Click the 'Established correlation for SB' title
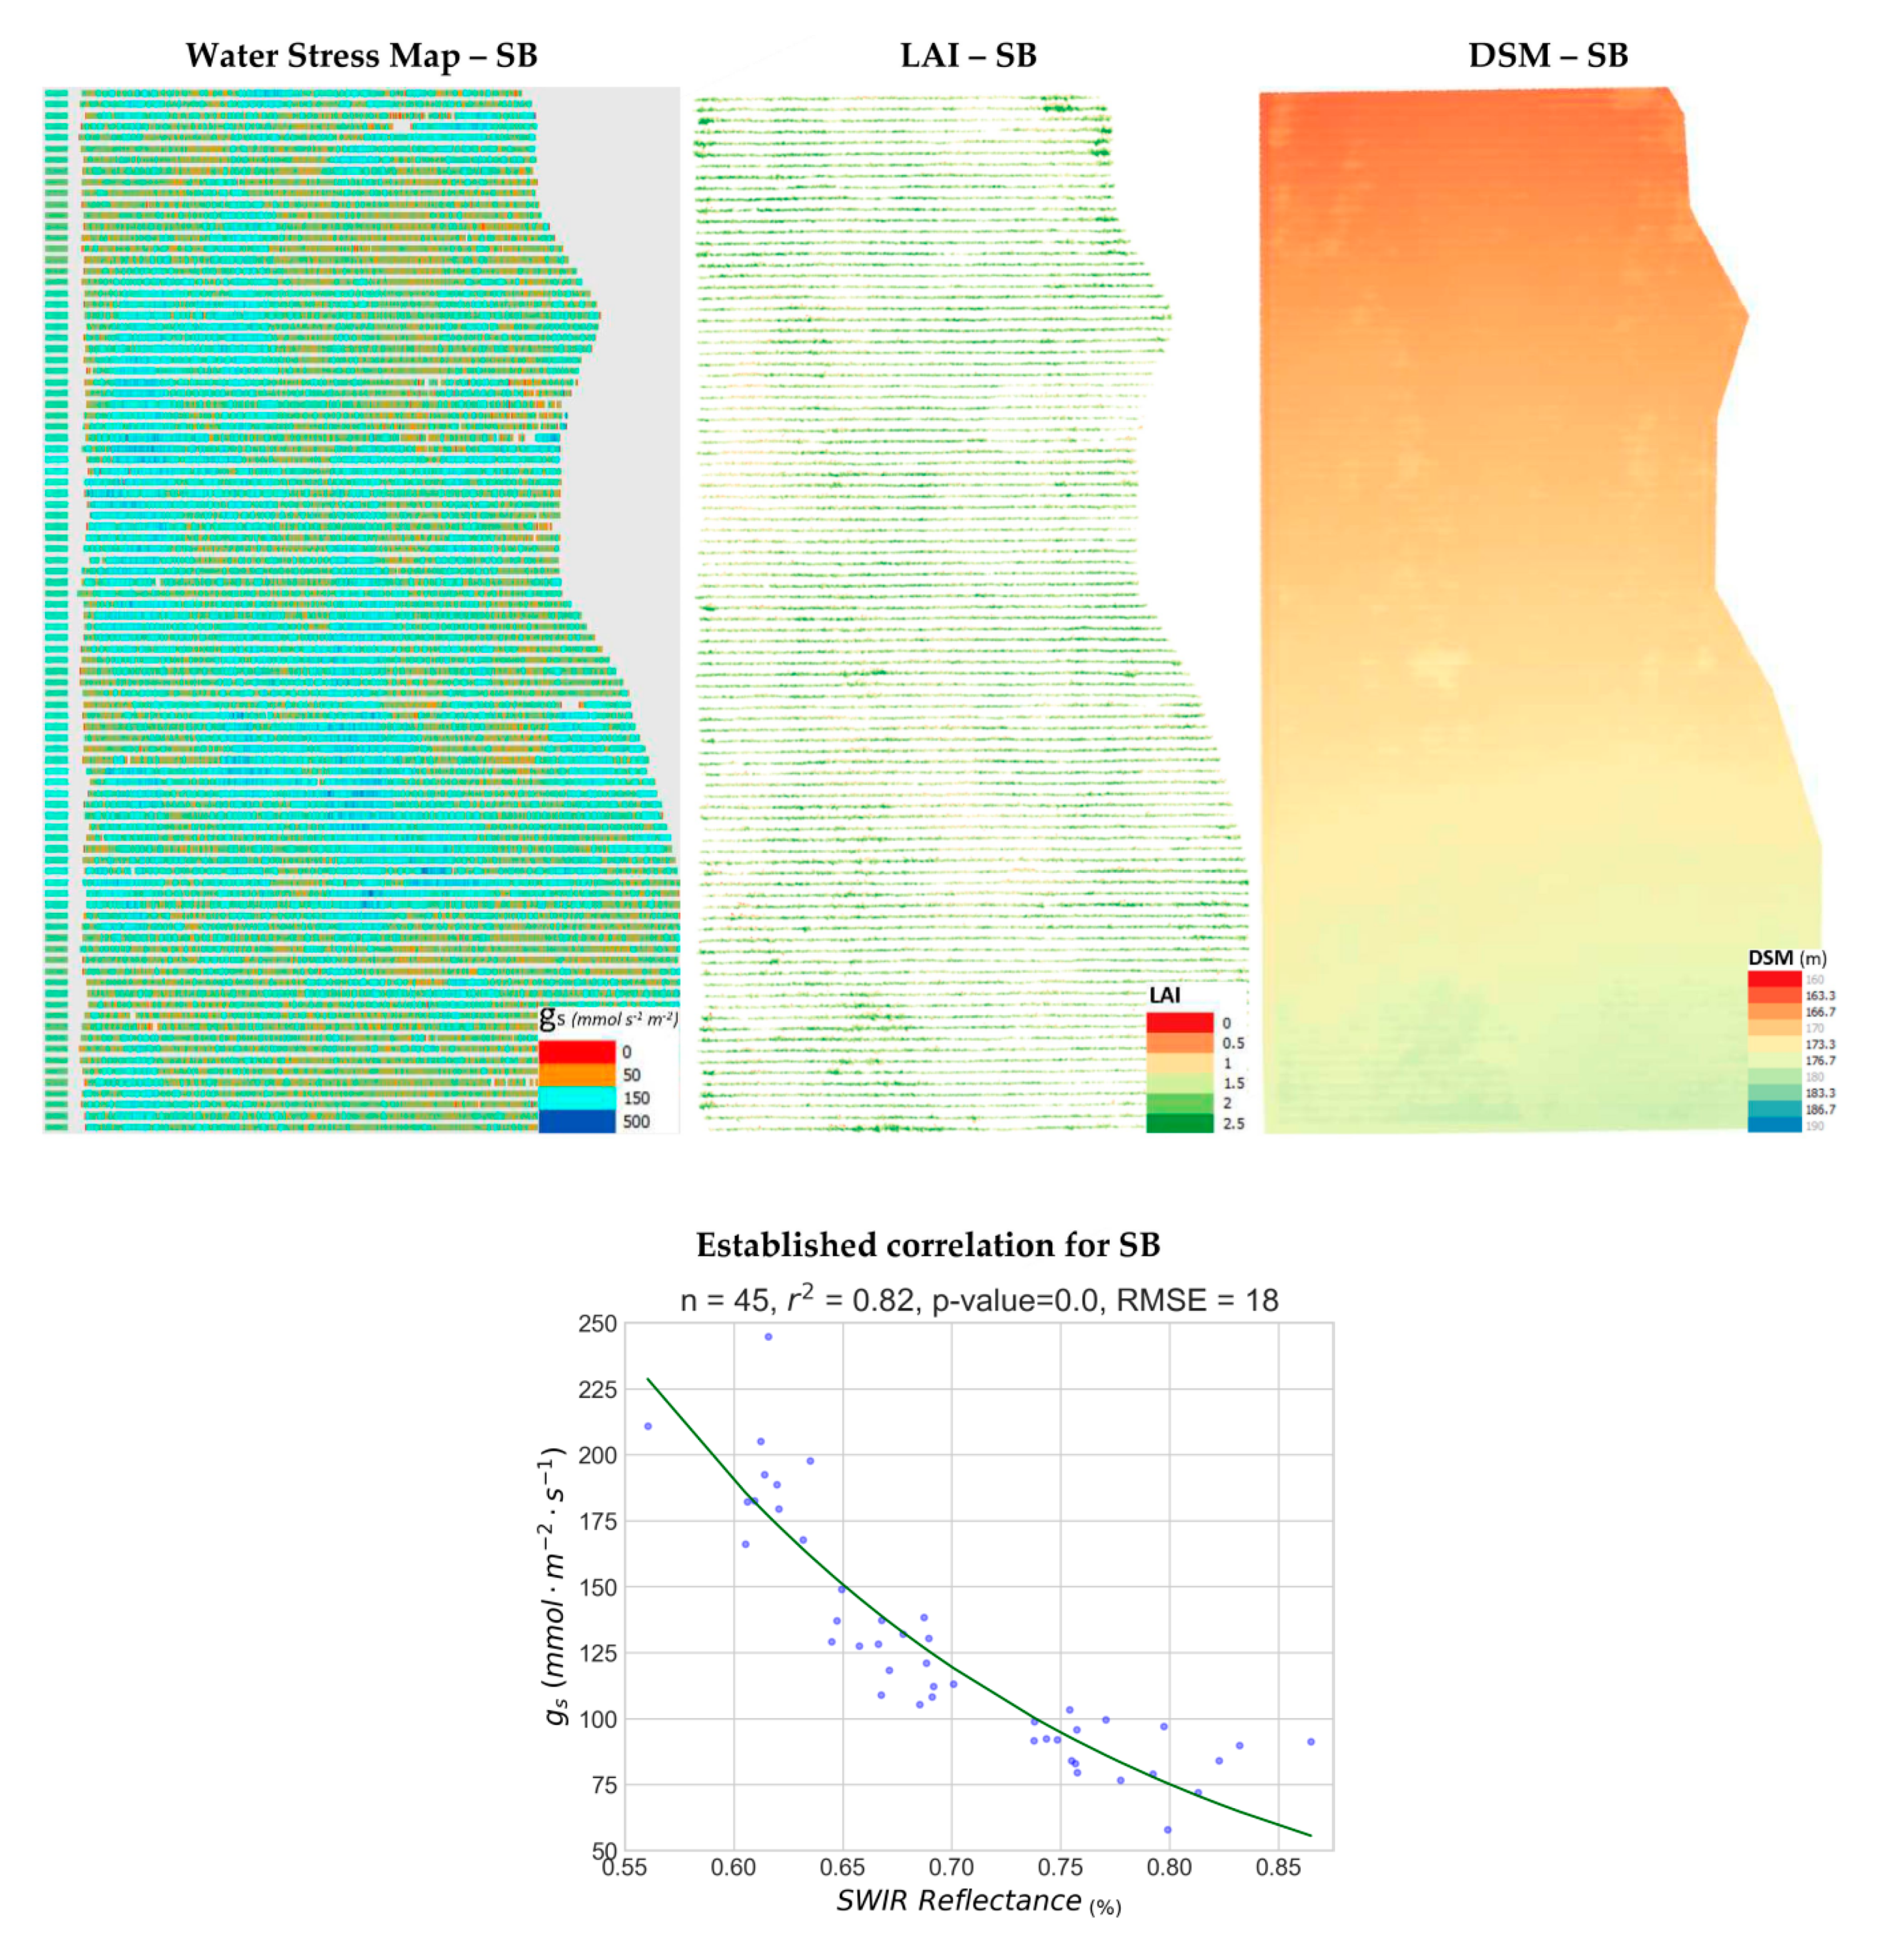(927, 1245)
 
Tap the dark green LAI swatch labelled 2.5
(1180, 1123)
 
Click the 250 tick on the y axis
(597, 1324)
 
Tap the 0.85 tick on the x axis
(1278, 1867)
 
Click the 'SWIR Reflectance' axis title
(959, 1901)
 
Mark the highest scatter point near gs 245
(768, 1337)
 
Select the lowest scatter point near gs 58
(1168, 1830)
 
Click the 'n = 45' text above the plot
(724, 1300)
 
